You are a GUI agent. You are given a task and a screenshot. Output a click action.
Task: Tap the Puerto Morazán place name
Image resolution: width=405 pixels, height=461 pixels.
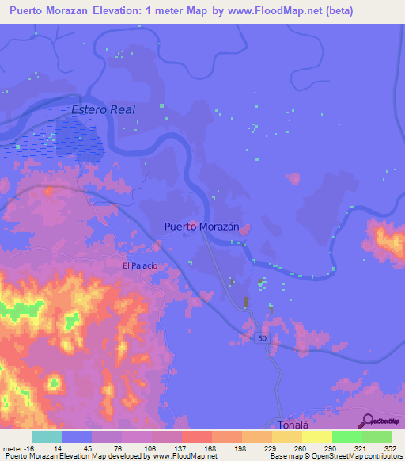click(202, 227)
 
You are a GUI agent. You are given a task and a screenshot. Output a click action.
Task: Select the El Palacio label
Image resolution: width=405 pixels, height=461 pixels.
click(139, 266)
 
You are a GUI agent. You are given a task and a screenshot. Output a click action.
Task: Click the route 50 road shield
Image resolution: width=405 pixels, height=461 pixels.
click(260, 338)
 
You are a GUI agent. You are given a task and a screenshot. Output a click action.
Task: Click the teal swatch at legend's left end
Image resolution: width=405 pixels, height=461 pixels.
click(47, 436)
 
